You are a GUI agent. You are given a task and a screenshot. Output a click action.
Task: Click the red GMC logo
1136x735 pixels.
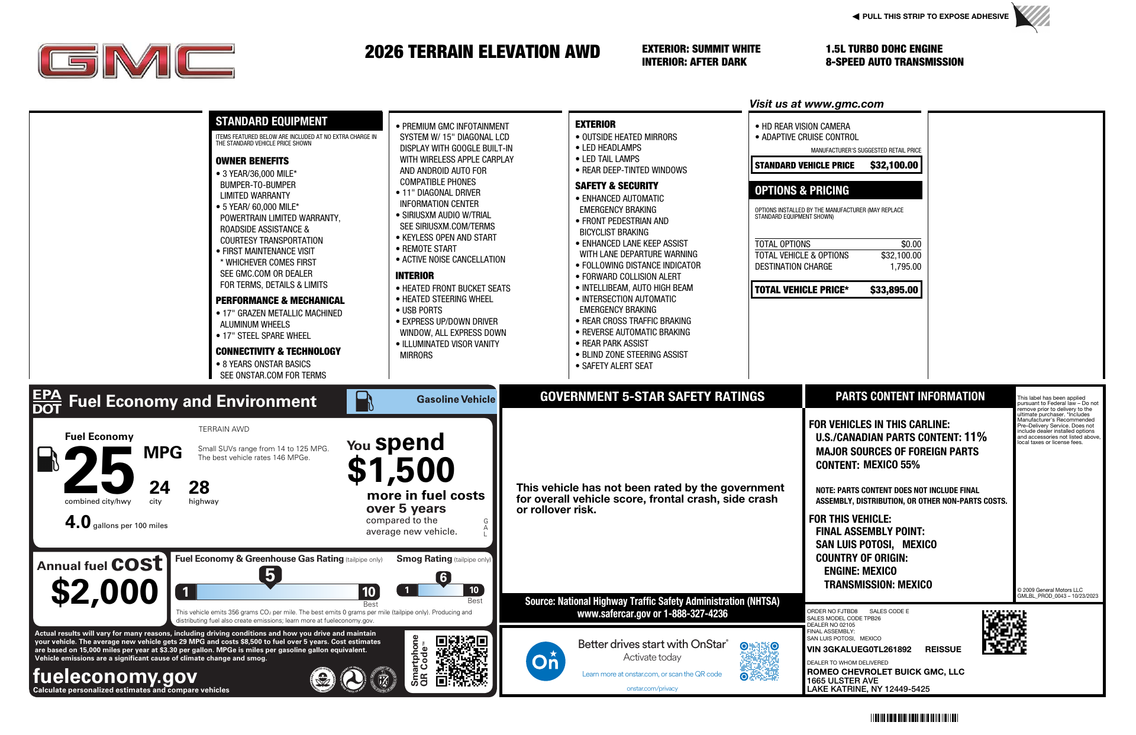point(136,61)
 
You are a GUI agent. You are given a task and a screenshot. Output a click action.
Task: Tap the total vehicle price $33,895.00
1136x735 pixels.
point(893,290)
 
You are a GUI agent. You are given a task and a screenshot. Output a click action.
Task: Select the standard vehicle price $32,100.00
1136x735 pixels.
point(893,166)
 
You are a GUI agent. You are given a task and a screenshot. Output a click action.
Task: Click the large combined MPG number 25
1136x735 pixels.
point(99,470)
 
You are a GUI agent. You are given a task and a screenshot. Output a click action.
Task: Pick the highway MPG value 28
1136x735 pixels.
point(199,487)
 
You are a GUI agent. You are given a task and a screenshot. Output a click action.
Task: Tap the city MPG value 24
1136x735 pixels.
point(159,487)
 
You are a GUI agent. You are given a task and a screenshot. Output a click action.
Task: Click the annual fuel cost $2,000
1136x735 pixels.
point(105,591)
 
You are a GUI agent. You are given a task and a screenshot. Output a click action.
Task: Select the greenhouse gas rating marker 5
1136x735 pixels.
point(270,575)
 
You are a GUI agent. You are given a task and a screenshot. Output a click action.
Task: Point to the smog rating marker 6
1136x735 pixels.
point(443,578)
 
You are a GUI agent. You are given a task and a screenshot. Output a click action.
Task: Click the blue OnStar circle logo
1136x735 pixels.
point(545,661)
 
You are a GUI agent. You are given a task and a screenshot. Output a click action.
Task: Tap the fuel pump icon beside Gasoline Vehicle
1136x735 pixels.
point(364,401)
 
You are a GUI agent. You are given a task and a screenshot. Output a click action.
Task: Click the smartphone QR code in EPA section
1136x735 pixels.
point(461,660)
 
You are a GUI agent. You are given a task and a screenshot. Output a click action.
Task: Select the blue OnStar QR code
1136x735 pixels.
point(759,661)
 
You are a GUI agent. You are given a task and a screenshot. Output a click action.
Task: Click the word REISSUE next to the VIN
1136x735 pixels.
point(943,649)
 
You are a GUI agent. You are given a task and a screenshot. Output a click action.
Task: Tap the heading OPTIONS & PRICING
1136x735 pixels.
point(802,190)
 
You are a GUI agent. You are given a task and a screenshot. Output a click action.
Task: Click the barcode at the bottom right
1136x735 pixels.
point(914,718)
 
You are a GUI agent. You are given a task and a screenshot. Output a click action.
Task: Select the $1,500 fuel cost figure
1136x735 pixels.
point(401,470)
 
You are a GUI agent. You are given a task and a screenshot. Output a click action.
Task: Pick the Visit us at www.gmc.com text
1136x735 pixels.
point(816,104)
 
